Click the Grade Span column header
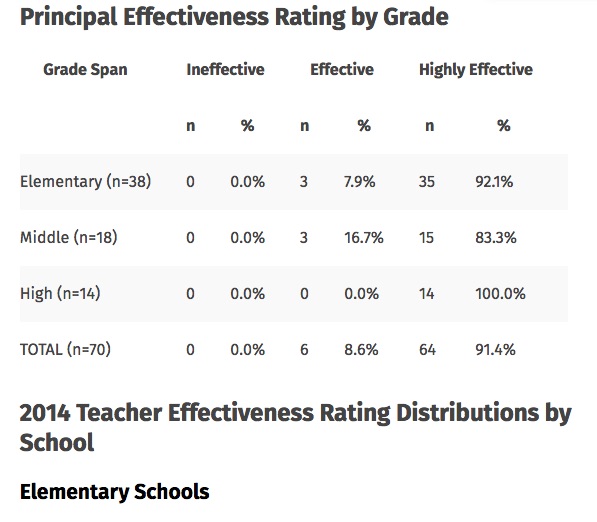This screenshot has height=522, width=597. pos(85,70)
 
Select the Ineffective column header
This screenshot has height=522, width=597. pos(225,70)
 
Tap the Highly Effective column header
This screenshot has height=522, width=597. pos(476,70)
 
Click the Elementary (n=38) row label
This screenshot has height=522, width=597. pos(86,182)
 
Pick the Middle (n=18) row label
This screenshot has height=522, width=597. pos(69,238)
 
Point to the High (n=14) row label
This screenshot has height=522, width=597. pos(60,294)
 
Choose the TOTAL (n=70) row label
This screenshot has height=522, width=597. pos(65,350)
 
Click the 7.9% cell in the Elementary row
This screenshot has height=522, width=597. pos(360,182)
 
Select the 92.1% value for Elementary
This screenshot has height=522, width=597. pos(494,182)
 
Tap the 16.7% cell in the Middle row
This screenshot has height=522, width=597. pos(364,238)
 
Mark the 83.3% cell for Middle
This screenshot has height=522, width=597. pos(496,238)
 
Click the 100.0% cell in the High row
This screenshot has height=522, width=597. pos(500,294)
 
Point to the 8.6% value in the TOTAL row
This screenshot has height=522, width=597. pos(361,350)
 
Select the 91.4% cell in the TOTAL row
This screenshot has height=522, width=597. pos(495,350)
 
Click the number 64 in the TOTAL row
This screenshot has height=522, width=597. pos(428,350)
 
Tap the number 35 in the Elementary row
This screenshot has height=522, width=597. pos(427,182)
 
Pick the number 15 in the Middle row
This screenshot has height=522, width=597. pos(426,238)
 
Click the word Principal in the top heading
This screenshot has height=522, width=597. pos(69,18)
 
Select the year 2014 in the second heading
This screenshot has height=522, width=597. pos(45,413)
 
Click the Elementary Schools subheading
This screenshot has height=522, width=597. pos(115,492)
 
